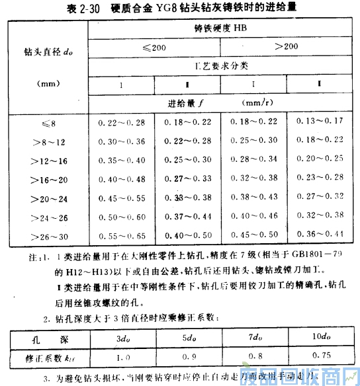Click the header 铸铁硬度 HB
point(225,29)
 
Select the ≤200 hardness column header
point(154,48)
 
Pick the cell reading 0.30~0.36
point(120,141)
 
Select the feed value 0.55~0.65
point(120,235)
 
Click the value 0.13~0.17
point(320,122)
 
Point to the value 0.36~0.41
point(320,235)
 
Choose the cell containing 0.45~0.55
point(120,197)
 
